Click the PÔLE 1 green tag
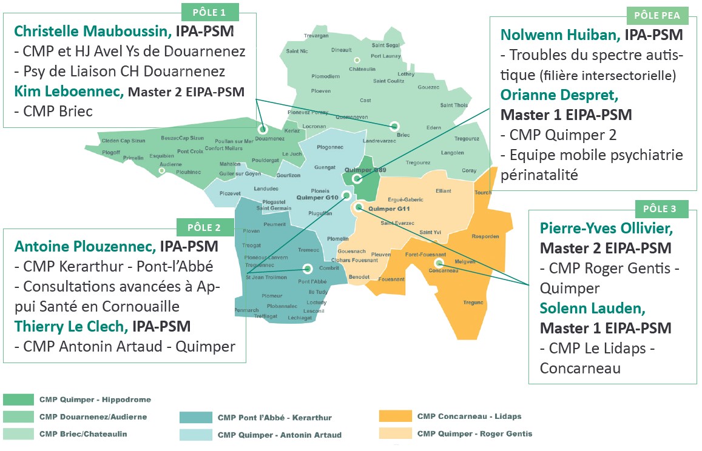click(210, 12)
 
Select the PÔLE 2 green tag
click(204, 228)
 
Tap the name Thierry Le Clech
click(71, 326)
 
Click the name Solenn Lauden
click(592, 308)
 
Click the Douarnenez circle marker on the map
click(263, 129)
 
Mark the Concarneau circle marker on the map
click(439, 263)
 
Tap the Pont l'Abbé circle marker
click(308, 269)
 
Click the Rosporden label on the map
click(484, 236)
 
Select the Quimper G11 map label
click(390, 209)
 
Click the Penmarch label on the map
click(247, 310)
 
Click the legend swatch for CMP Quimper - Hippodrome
click(18, 399)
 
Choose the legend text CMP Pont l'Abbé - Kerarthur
click(274, 418)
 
